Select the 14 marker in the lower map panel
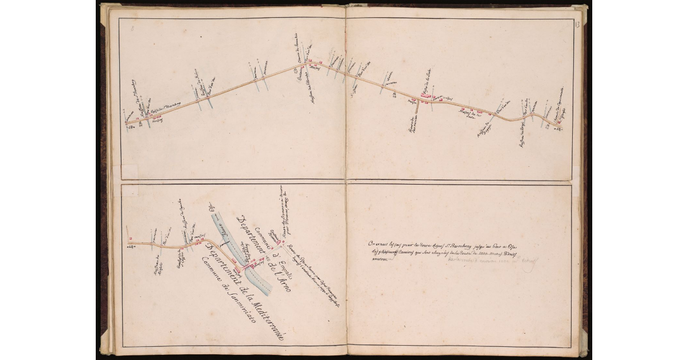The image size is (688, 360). [130, 247]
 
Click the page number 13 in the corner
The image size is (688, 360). [577, 24]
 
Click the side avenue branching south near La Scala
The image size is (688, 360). [417, 112]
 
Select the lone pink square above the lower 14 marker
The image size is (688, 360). [131, 238]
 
